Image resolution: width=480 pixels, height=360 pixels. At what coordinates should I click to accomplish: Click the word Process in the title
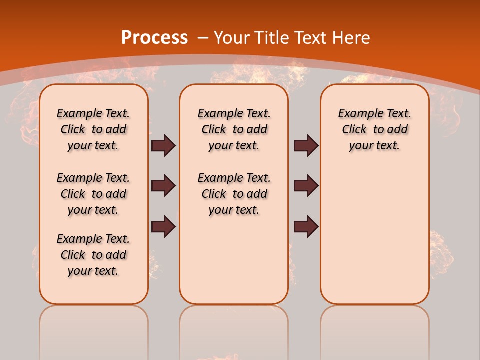coord(154,38)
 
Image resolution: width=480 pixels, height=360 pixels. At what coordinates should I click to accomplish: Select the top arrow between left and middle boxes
coord(163,145)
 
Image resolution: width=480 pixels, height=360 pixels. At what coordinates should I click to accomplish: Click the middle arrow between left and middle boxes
coord(163,186)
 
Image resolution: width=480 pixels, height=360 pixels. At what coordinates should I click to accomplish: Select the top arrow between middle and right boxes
coord(306,145)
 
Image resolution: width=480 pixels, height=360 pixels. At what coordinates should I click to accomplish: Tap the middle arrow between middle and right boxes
coord(306,186)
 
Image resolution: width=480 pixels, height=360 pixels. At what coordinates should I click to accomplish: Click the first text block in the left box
coord(93,129)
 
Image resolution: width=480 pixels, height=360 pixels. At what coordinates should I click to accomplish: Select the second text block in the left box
coord(93,194)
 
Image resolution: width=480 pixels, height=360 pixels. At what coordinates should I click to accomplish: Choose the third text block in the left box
coord(93,255)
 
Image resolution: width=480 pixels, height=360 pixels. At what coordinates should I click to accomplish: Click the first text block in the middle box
coord(234,129)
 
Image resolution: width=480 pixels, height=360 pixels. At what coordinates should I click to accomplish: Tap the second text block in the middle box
coord(234,194)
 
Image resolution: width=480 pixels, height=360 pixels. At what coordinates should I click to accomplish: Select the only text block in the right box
coord(375,129)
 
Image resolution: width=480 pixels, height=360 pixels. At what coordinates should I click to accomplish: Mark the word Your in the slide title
coord(231,38)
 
